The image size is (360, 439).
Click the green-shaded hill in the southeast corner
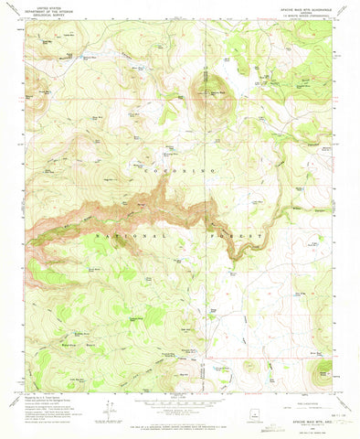[323, 373]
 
